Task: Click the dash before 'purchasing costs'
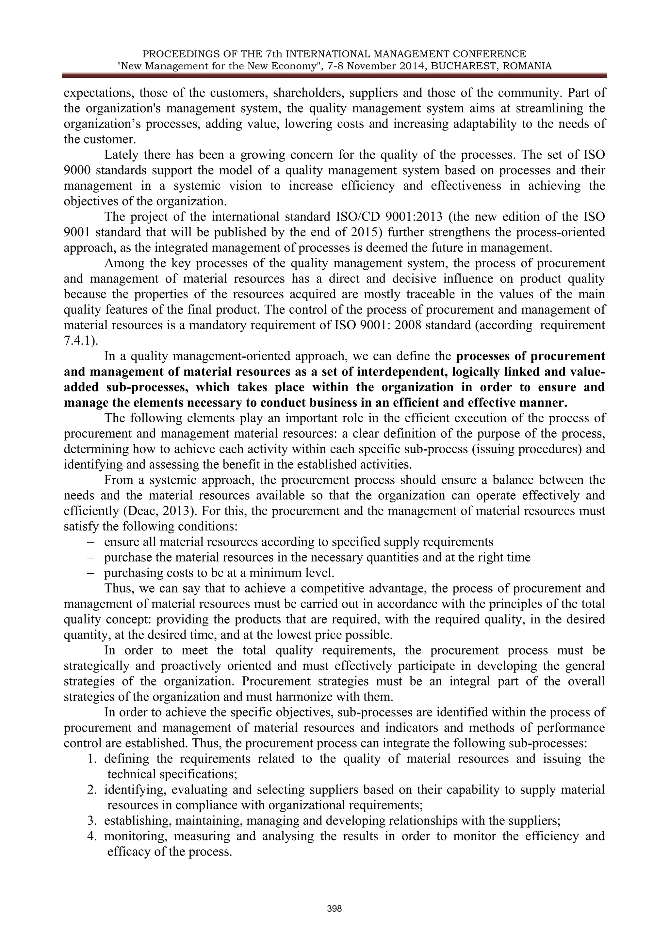coord(90,573)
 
